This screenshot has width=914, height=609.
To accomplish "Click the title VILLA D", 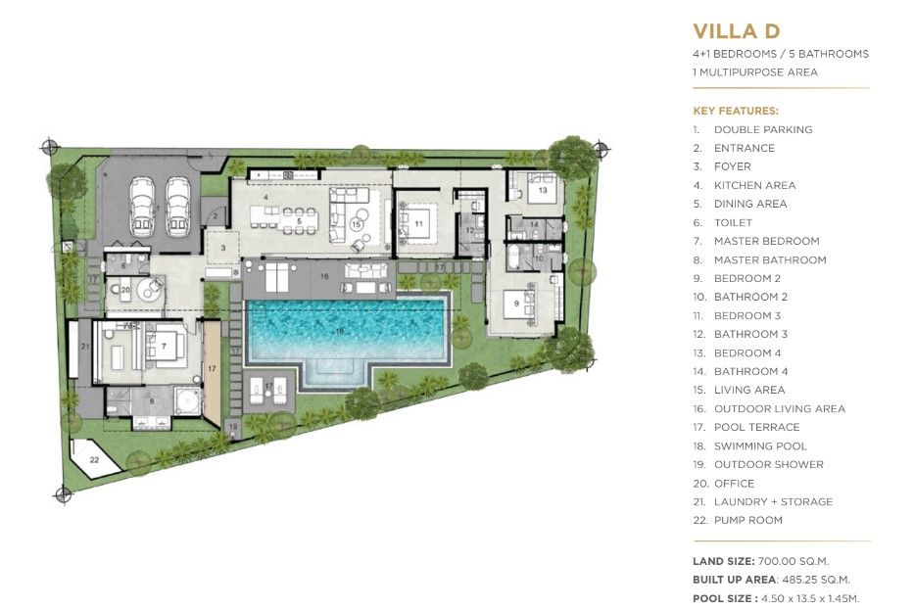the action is tap(736, 31).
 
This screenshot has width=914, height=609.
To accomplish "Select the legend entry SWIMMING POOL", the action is tap(760, 445).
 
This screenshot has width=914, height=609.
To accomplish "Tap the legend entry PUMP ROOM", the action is tap(747, 520).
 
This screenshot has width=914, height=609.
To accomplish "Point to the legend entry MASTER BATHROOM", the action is tap(770, 259).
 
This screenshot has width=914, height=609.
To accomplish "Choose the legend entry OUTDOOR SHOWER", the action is tap(769, 464).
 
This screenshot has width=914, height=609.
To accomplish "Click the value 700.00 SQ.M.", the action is tap(793, 561).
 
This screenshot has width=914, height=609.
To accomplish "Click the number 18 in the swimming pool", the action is tap(340, 332).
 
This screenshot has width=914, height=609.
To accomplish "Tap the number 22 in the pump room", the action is tap(94, 460).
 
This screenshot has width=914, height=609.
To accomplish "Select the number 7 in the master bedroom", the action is tap(164, 347).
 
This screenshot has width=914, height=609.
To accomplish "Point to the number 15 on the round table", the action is tap(357, 224).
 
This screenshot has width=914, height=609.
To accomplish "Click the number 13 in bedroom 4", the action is tap(543, 190).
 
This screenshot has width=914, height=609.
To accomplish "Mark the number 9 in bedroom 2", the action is tap(516, 304).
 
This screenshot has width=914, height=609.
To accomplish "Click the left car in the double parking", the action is tap(142, 206).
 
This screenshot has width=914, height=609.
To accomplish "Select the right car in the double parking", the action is tap(178, 207).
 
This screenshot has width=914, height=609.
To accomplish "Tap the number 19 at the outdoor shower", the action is tap(233, 427).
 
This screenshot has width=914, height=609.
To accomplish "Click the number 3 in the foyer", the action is tap(222, 248).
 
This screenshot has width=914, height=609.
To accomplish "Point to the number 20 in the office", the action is tap(125, 290).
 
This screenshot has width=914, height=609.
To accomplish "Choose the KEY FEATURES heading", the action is tap(736, 111).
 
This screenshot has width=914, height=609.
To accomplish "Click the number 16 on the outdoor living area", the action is tap(324, 277).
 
